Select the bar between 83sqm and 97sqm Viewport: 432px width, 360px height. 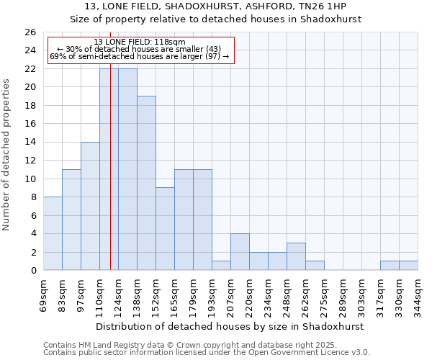(71, 220)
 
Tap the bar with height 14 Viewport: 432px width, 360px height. (90, 206)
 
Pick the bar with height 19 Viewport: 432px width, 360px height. (146, 183)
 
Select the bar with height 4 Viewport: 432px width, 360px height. (240, 252)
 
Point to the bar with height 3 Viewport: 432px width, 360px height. (296, 256)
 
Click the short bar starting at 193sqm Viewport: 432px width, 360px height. (221, 266)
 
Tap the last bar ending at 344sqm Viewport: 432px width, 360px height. (408, 266)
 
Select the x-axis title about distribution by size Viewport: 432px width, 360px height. (230, 326)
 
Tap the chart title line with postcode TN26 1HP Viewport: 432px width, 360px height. (216, 6)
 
